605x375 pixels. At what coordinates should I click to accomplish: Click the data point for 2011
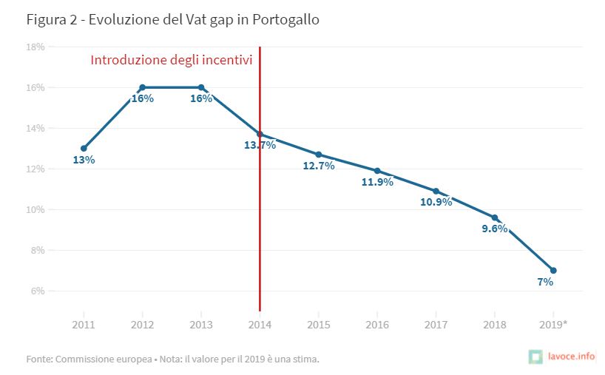tap(84, 148)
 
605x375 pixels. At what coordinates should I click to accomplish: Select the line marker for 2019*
tap(553, 270)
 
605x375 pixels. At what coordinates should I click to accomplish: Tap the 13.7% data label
tap(260, 145)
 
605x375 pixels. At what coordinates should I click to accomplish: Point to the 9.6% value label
tap(494, 229)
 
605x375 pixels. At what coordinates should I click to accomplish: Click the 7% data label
tap(545, 282)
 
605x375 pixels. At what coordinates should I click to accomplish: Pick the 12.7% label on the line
tap(319, 166)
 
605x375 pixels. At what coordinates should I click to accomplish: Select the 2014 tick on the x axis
tap(260, 325)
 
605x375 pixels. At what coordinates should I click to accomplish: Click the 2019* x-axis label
tap(554, 325)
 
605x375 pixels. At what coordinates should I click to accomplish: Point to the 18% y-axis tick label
tap(36, 47)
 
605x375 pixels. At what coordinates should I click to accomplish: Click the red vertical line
tap(260, 222)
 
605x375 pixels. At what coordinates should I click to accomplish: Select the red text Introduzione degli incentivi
tap(172, 60)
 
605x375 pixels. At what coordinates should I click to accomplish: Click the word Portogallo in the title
tap(285, 20)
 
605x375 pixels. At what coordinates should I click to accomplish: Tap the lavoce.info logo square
tap(536, 357)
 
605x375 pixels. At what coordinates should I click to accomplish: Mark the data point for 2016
tap(377, 171)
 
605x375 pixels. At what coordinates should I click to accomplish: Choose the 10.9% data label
tap(436, 202)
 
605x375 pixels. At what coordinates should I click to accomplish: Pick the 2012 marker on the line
tap(142, 87)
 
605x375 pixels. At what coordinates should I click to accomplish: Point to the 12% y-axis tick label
tap(36, 169)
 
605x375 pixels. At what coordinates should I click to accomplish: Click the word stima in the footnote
tap(303, 359)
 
